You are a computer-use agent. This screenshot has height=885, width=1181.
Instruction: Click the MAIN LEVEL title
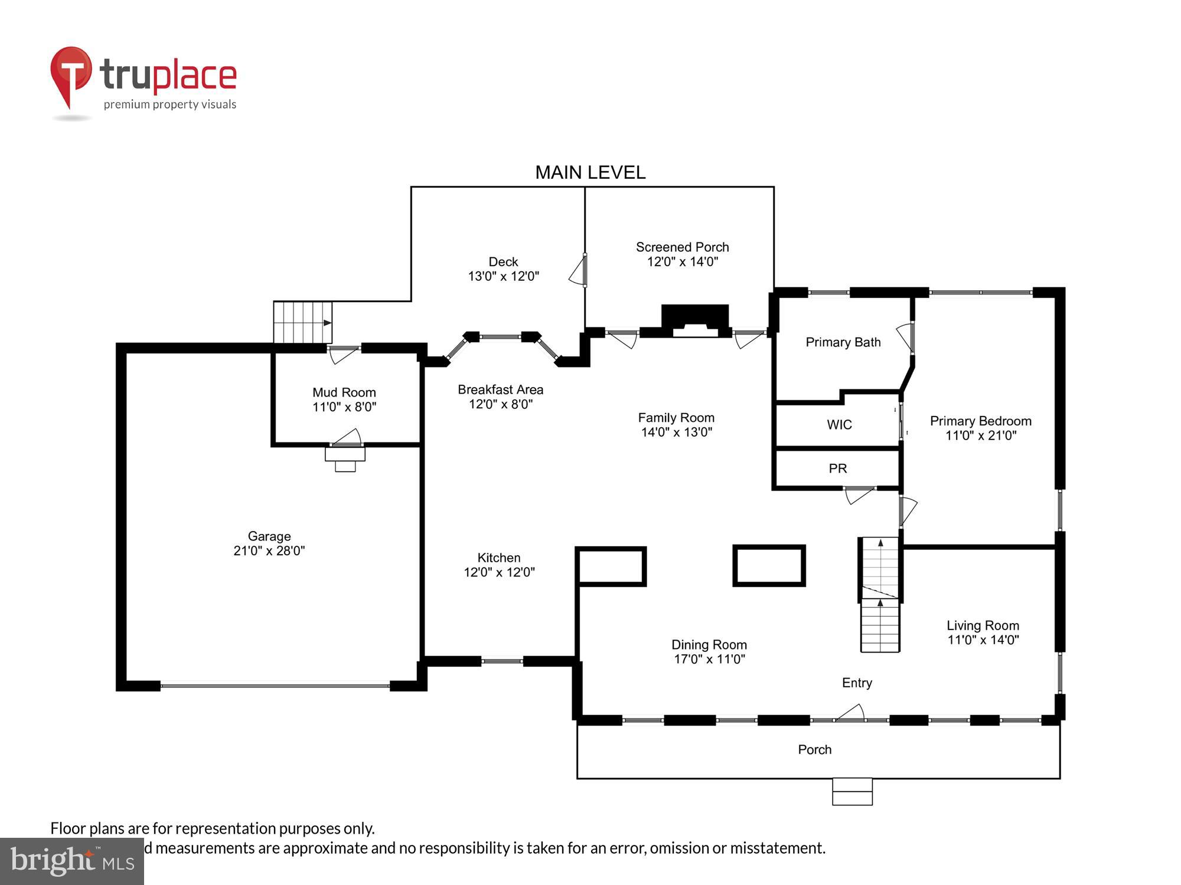click(x=590, y=172)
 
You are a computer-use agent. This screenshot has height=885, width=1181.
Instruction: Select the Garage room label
click(x=269, y=536)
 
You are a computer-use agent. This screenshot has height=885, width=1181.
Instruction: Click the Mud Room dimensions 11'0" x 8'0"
click(x=344, y=407)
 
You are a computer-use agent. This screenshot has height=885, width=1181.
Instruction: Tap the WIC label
click(x=839, y=424)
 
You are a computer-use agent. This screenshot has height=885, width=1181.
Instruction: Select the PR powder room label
click(x=837, y=468)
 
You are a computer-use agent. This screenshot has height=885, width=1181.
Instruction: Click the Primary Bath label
click(x=843, y=342)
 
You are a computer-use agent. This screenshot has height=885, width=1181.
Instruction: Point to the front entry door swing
click(x=850, y=713)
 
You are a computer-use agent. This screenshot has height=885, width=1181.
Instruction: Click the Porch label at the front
click(x=814, y=749)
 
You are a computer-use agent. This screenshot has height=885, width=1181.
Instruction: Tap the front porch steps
click(x=852, y=791)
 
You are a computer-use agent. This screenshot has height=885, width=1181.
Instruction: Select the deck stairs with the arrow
click(x=302, y=322)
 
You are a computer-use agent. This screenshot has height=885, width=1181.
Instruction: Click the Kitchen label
click(x=499, y=558)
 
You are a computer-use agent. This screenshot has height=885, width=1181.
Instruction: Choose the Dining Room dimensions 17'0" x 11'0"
click(x=709, y=659)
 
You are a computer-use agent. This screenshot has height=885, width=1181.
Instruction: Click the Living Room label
click(x=983, y=625)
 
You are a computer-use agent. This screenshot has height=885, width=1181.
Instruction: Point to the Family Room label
click(x=676, y=418)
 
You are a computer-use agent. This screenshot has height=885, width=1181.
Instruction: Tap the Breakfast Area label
click(x=500, y=389)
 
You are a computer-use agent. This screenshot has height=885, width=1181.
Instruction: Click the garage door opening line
click(x=275, y=686)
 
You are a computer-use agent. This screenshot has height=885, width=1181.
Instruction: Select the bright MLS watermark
click(x=72, y=861)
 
